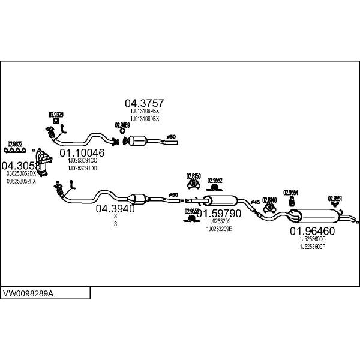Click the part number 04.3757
pyautogui.click(x=144, y=103)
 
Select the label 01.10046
pyautogui.click(x=82, y=152)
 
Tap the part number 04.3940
pyautogui.click(x=115, y=209)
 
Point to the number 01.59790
pyautogui.click(x=220, y=213)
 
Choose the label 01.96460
pyautogui.click(x=312, y=230)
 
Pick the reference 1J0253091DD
pyautogui.click(x=82, y=168)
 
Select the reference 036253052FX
pyautogui.click(x=21, y=181)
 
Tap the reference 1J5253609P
pyautogui.click(x=312, y=245)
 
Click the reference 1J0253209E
pyautogui.click(x=218, y=229)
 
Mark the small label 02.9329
pyautogui.click(x=56, y=113)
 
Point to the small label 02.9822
pyautogui.click(x=15, y=143)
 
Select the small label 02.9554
pyautogui.click(x=290, y=192)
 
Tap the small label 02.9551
pyautogui.click(x=335, y=197)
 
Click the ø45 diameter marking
pyautogui.click(x=255, y=202)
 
